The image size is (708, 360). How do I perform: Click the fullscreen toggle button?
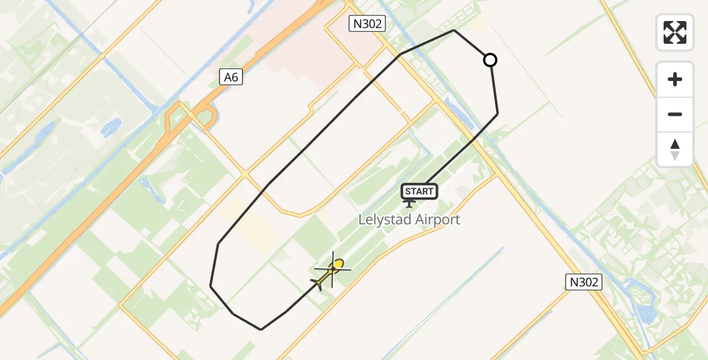675,32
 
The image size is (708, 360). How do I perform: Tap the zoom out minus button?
675,115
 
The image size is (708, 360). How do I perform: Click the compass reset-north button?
675,149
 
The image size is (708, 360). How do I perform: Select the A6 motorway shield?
231,77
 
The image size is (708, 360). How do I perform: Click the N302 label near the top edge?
367,24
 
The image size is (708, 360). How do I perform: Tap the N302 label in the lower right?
584,282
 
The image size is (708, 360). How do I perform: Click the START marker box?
419,191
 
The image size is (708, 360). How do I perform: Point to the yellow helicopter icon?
331,272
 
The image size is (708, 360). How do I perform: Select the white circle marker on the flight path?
490,60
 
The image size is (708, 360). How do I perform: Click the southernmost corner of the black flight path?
261,329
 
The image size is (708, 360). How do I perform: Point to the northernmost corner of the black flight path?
454,30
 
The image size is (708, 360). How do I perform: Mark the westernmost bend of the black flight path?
211,286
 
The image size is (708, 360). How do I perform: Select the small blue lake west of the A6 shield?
112,126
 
